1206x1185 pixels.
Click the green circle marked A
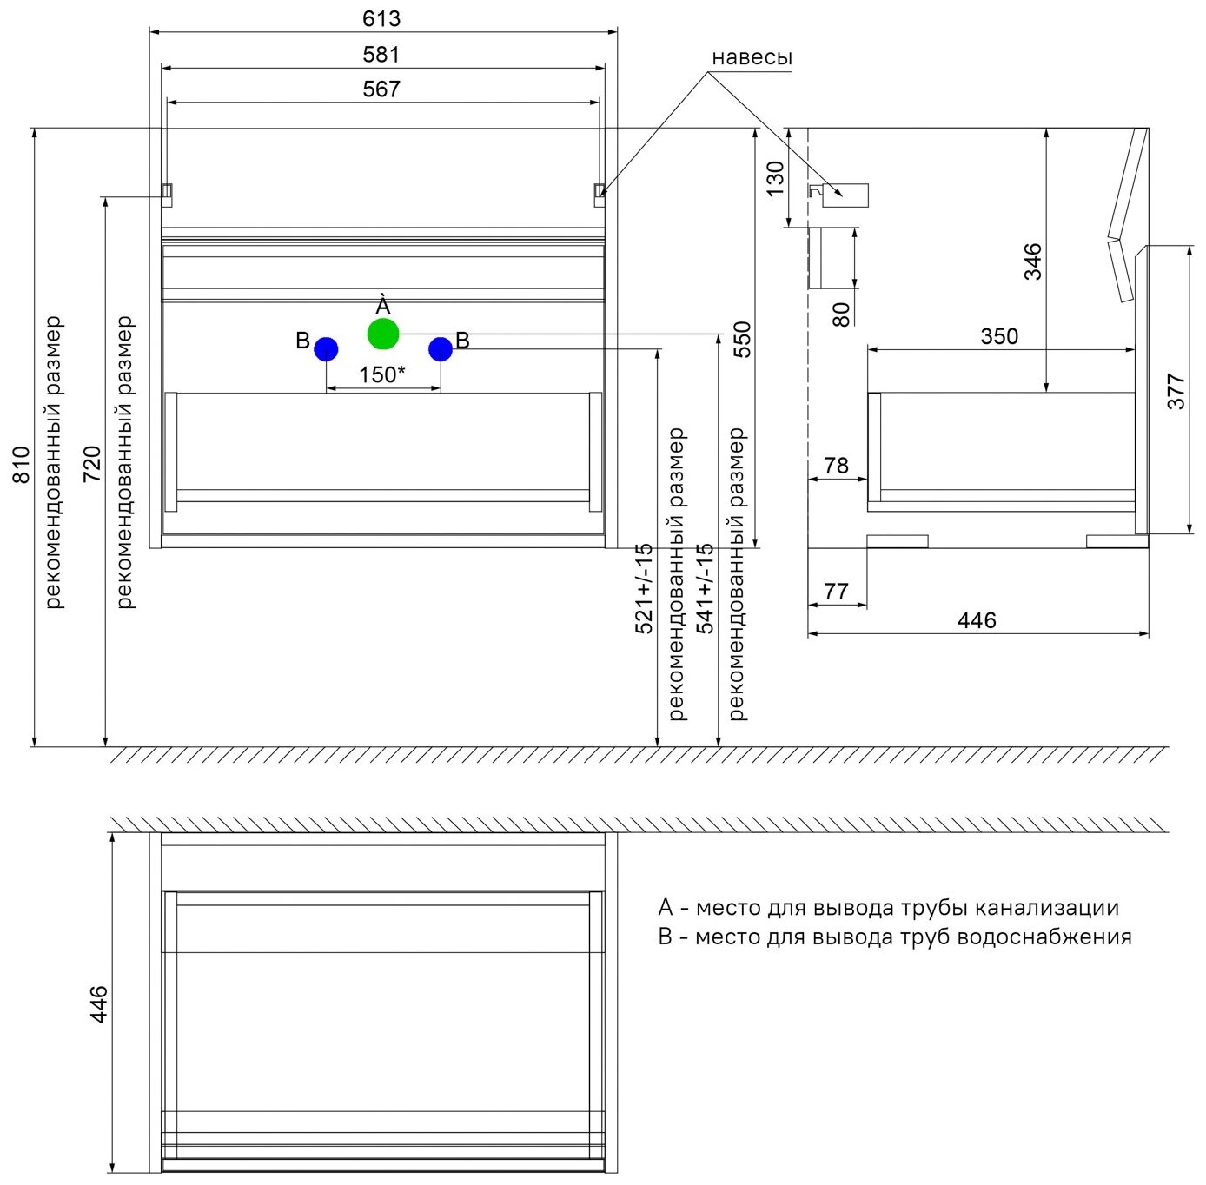(383, 334)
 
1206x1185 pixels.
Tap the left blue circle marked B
(326, 349)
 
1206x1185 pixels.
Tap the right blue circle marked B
(441, 349)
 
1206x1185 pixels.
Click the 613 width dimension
(381, 18)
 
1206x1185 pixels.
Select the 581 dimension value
(381, 55)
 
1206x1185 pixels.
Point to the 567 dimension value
(381, 89)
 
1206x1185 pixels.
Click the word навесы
(752, 57)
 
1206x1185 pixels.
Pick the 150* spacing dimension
(381, 374)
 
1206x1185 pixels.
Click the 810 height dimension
(21, 464)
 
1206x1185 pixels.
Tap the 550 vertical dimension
(741, 340)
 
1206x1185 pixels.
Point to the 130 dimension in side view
(775, 179)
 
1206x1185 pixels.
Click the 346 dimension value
(1032, 261)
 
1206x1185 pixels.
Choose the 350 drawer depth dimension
(999, 336)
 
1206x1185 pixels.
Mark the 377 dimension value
(1176, 391)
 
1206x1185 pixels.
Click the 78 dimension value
(836, 466)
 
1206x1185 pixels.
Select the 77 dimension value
(836, 592)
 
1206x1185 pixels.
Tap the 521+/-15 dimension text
(644, 588)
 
